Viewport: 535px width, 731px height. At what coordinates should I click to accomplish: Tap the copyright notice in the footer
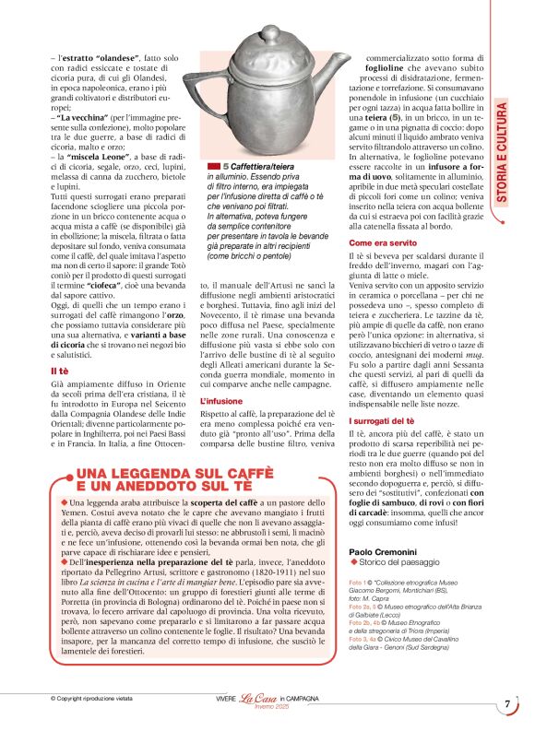[x=93, y=700]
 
